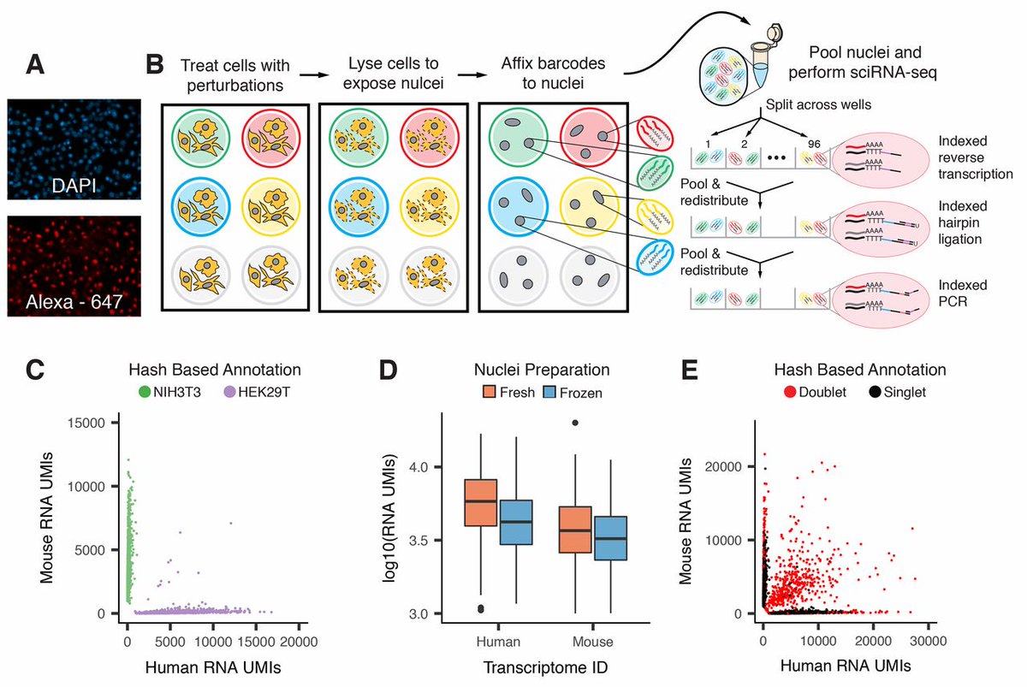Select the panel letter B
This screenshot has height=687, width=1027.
[x=155, y=64]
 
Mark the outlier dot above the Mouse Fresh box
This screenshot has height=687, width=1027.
[x=575, y=423]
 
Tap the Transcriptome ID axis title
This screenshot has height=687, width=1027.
[x=529, y=666]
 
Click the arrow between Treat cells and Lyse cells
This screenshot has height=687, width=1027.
[x=303, y=76]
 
